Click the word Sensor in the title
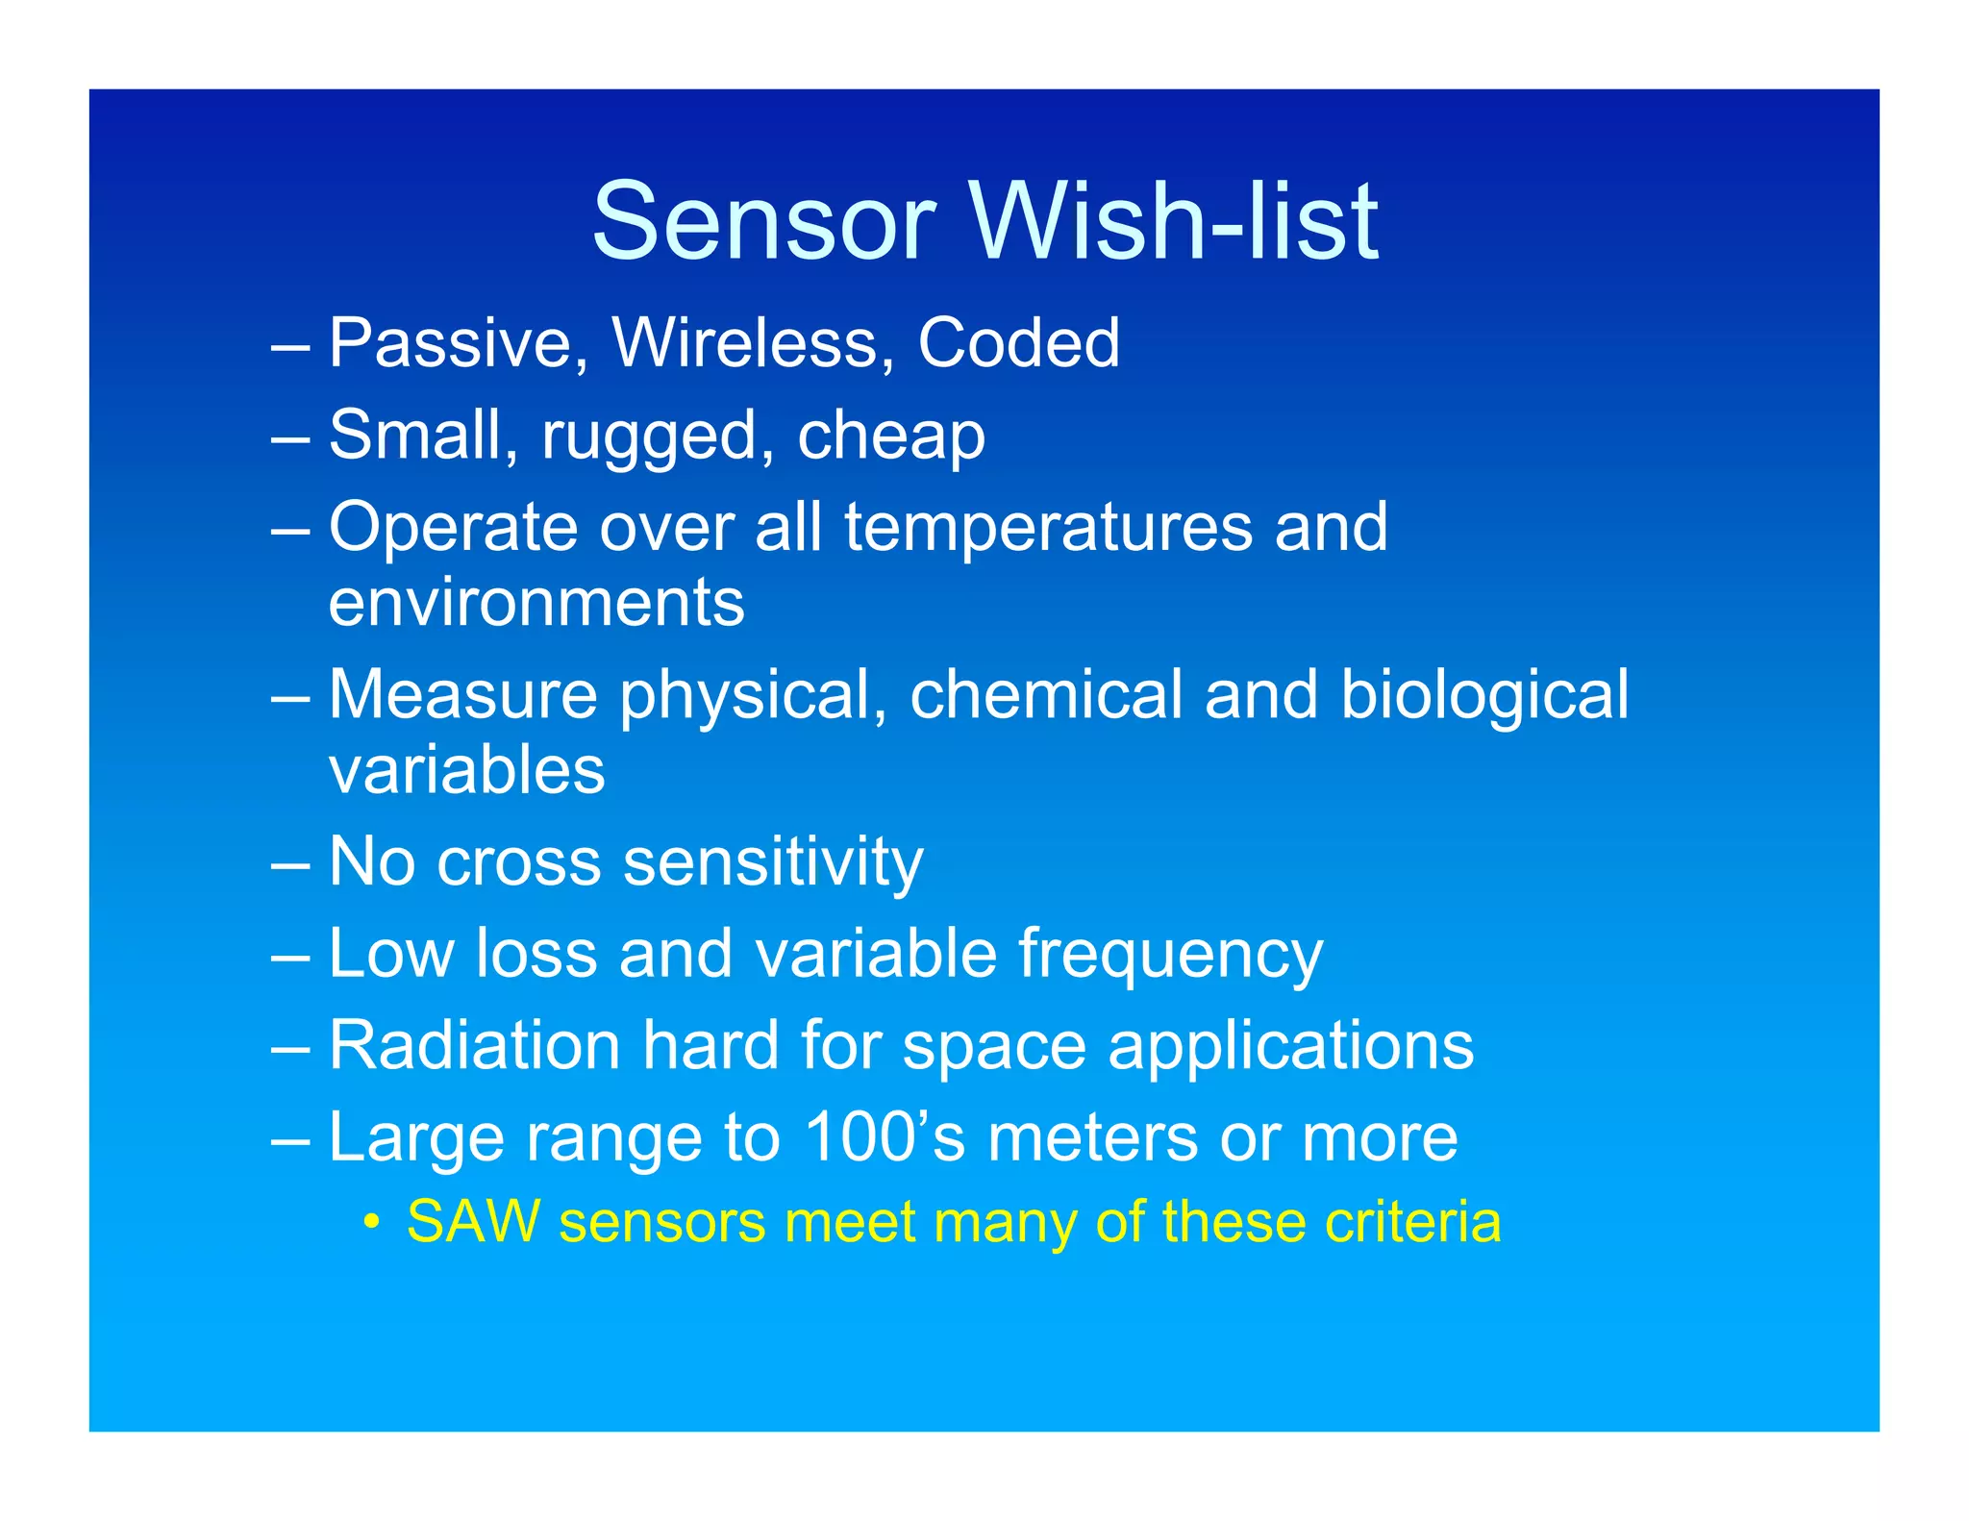pos(763,223)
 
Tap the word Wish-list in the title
pos(1175,223)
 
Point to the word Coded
pos(1018,343)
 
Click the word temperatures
pos(1048,528)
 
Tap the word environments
pos(536,603)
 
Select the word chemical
pos(1045,695)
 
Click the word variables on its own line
pos(466,770)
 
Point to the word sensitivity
pos(773,862)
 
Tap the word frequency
pos(1170,956)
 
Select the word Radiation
pos(474,1045)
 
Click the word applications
pos(1290,1047)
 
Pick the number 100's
pos(885,1137)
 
